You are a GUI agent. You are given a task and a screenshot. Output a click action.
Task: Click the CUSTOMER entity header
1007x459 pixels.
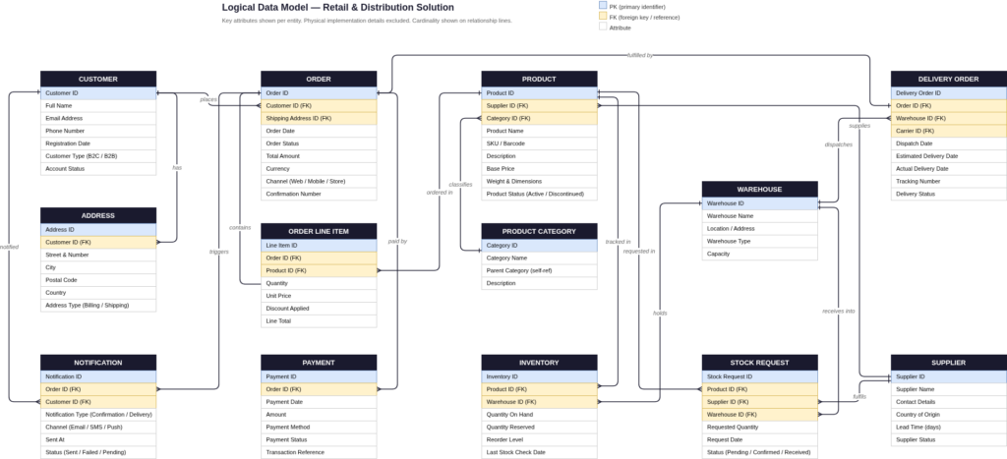[97, 79]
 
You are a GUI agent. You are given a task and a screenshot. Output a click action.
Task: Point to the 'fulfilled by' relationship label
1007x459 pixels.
[640, 55]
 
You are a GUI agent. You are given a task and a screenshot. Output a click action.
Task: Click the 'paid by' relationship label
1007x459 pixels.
[397, 241]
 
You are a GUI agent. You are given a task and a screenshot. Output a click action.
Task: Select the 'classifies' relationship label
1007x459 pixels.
[460, 184]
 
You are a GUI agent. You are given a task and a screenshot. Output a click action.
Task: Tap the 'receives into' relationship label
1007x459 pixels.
[838, 312]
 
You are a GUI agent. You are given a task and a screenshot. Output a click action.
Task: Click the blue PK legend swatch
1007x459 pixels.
[603, 6]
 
